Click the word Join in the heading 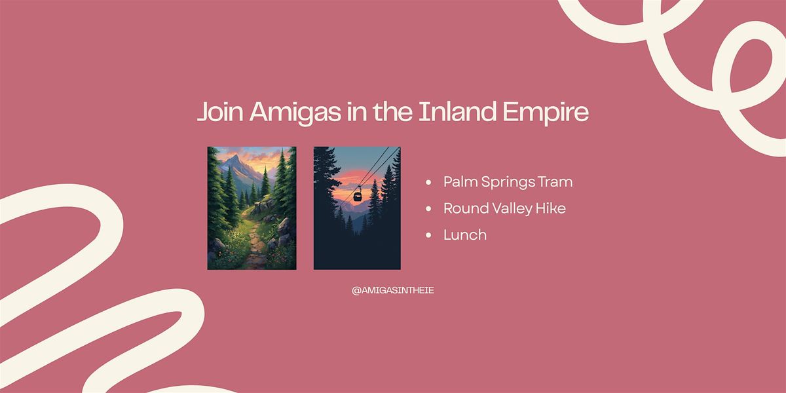(x=220, y=111)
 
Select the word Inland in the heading (x=458, y=111)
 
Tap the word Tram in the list (x=555, y=182)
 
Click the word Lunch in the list (x=465, y=234)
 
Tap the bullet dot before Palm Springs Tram (x=428, y=183)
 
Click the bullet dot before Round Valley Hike (x=428, y=209)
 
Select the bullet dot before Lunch (x=428, y=235)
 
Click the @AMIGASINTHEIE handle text (x=392, y=291)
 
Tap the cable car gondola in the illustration (x=358, y=195)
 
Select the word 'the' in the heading (x=392, y=111)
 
